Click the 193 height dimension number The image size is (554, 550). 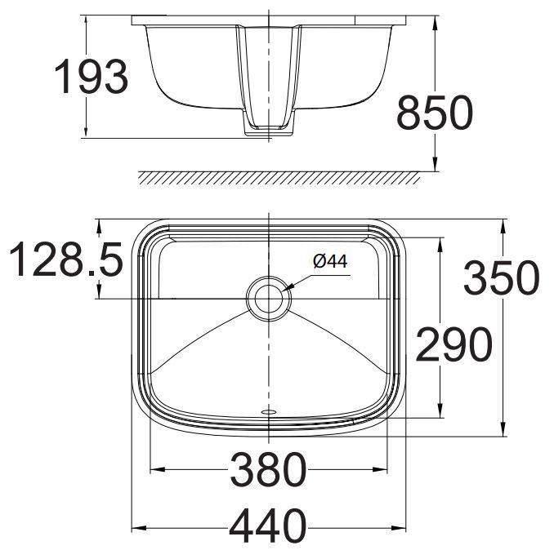click(x=91, y=78)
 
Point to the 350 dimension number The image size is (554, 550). click(x=501, y=278)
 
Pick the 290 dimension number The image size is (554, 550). click(x=453, y=344)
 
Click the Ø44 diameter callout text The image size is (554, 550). click(x=330, y=261)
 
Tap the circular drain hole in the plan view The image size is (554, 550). click(x=268, y=297)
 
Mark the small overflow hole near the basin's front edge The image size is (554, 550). click(x=268, y=412)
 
